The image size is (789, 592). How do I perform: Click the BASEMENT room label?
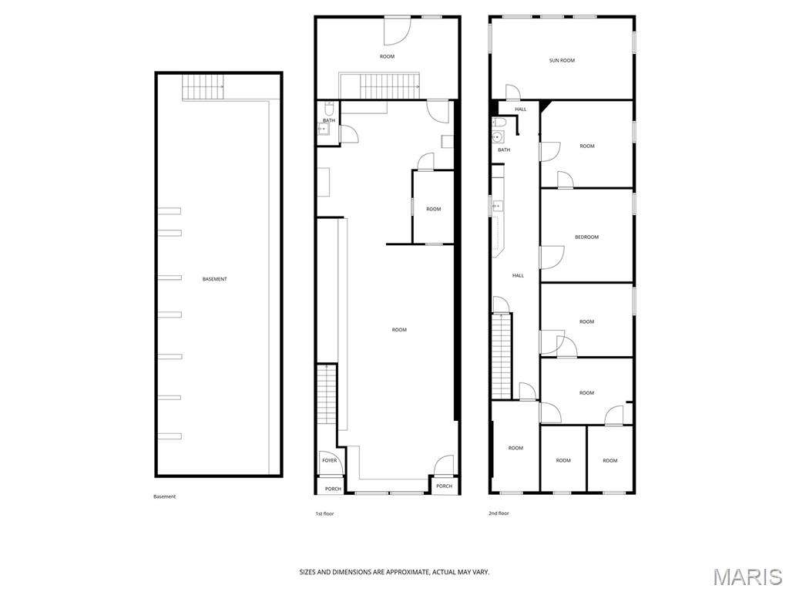214,279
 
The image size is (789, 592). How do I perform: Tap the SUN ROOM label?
562,60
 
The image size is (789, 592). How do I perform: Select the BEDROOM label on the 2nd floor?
586,237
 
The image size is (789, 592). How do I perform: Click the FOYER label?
330,461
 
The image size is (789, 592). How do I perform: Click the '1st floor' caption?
324,513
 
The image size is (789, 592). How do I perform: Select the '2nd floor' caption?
499,513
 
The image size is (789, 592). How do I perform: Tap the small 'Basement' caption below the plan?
165,497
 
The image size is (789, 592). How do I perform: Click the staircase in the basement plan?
203,86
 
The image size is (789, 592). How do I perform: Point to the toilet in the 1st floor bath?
329,109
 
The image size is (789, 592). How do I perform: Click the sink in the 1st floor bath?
323,129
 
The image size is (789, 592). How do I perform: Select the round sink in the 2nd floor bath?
498,136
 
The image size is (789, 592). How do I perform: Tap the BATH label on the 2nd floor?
504,150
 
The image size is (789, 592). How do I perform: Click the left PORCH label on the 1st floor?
333,489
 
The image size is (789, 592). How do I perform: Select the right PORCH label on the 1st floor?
444,486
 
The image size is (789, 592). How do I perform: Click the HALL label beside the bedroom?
518,275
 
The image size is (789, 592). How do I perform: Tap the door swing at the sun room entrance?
513,92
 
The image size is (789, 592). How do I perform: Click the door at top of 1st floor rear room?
398,31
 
